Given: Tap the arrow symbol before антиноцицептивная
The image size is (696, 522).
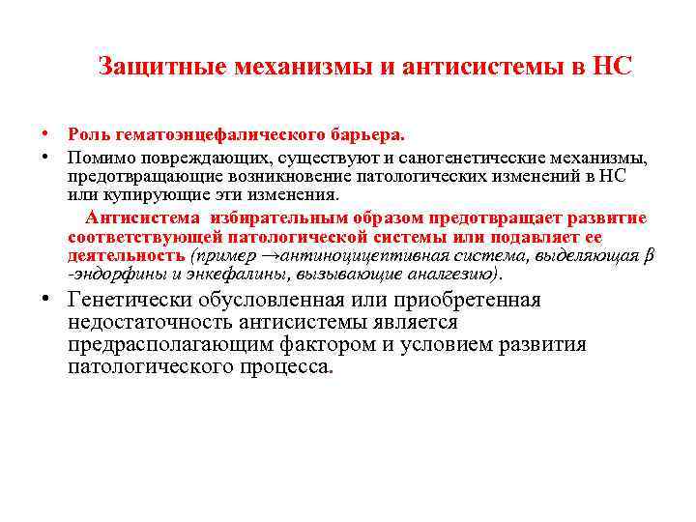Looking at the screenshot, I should coord(268,256).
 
